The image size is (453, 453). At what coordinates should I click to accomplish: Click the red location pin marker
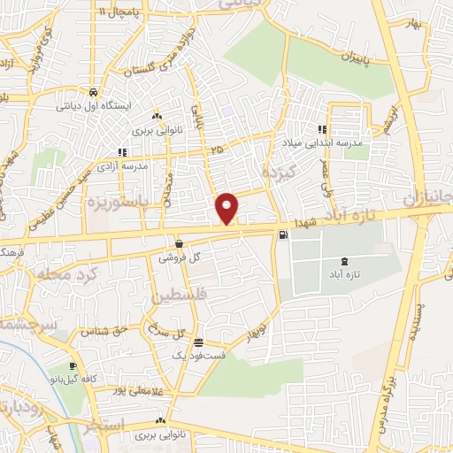(x=227, y=208)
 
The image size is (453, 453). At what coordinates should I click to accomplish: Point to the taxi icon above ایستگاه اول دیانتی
(x=92, y=92)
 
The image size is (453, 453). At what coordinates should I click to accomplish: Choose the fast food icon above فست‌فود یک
(x=198, y=342)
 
